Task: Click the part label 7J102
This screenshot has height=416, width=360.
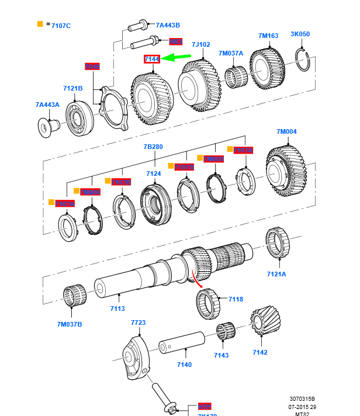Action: tap(200, 43)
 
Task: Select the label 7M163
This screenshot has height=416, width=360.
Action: tap(268, 36)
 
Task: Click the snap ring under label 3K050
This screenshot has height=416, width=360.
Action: tap(302, 61)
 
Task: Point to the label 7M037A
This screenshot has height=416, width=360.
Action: tap(231, 53)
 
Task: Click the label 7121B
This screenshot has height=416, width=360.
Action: tap(73, 89)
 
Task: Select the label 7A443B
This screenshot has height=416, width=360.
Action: tap(167, 25)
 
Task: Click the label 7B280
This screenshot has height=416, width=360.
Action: tap(154, 147)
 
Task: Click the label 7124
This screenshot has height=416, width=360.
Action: tap(153, 174)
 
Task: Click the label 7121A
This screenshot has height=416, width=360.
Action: tap(276, 273)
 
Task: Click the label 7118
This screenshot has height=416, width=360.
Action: tap(236, 299)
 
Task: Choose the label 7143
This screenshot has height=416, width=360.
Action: tap(221, 355)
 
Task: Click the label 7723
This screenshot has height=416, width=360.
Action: tap(138, 323)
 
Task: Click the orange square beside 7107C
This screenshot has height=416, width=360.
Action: tap(40, 25)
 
